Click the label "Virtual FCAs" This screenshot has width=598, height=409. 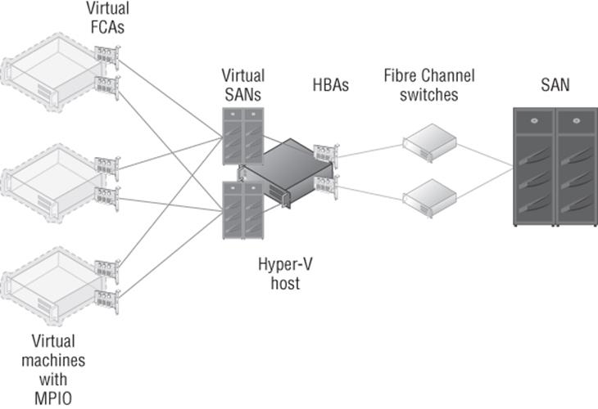point(107,17)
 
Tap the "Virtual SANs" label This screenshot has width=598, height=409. point(243,85)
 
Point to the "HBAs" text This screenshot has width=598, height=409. point(331,85)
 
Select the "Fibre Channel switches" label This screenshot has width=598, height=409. point(429,85)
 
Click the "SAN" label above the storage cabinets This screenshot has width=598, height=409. point(555,84)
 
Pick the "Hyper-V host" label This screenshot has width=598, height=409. point(285,274)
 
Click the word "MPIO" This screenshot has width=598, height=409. point(53,398)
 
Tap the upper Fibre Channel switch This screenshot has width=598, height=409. point(430,143)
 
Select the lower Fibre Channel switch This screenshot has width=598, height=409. point(430,198)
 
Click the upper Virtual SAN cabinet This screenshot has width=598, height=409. point(243,137)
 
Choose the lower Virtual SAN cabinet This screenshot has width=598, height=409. point(243,210)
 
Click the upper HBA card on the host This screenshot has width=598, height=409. point(326,155)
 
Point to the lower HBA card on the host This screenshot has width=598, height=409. point(326,187)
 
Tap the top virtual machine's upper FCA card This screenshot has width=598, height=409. point(107,57)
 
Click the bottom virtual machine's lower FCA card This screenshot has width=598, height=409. point(107,302)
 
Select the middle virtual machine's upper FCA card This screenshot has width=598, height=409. point(107,169)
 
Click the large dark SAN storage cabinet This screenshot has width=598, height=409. point(555,167)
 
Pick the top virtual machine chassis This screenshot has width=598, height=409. point(52,73)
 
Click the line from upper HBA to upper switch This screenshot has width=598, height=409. point(371,151)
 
